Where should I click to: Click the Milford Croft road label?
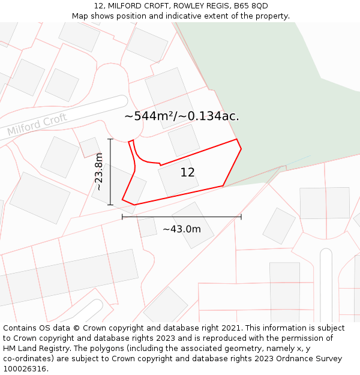pyautogui.click(x=37, y=123)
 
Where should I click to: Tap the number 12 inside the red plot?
pyautogui.click(x=187, y=173)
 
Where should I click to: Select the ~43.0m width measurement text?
pyautogui.click(x=182, y=229)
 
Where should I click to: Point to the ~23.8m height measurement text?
pyautogui.click(x=99, y=172)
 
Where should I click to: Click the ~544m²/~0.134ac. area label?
pyautogui.click(x=181, y=116)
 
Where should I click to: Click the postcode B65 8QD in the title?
pyautogui.click(x=251, y=6)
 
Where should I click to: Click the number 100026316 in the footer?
pyautogui.click(x=25, y=368)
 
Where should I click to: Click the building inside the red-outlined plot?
pyautogui.click(x=178, y=176)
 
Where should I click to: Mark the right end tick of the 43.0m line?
pyautogui.click(x=241, y=217)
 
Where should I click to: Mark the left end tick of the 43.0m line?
pyautogui.click(x=122, y=217)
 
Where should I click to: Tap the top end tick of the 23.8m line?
pyautogui.click(x=110, y=139)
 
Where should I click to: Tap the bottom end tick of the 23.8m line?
pyautogui.click(x=110, y=205)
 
